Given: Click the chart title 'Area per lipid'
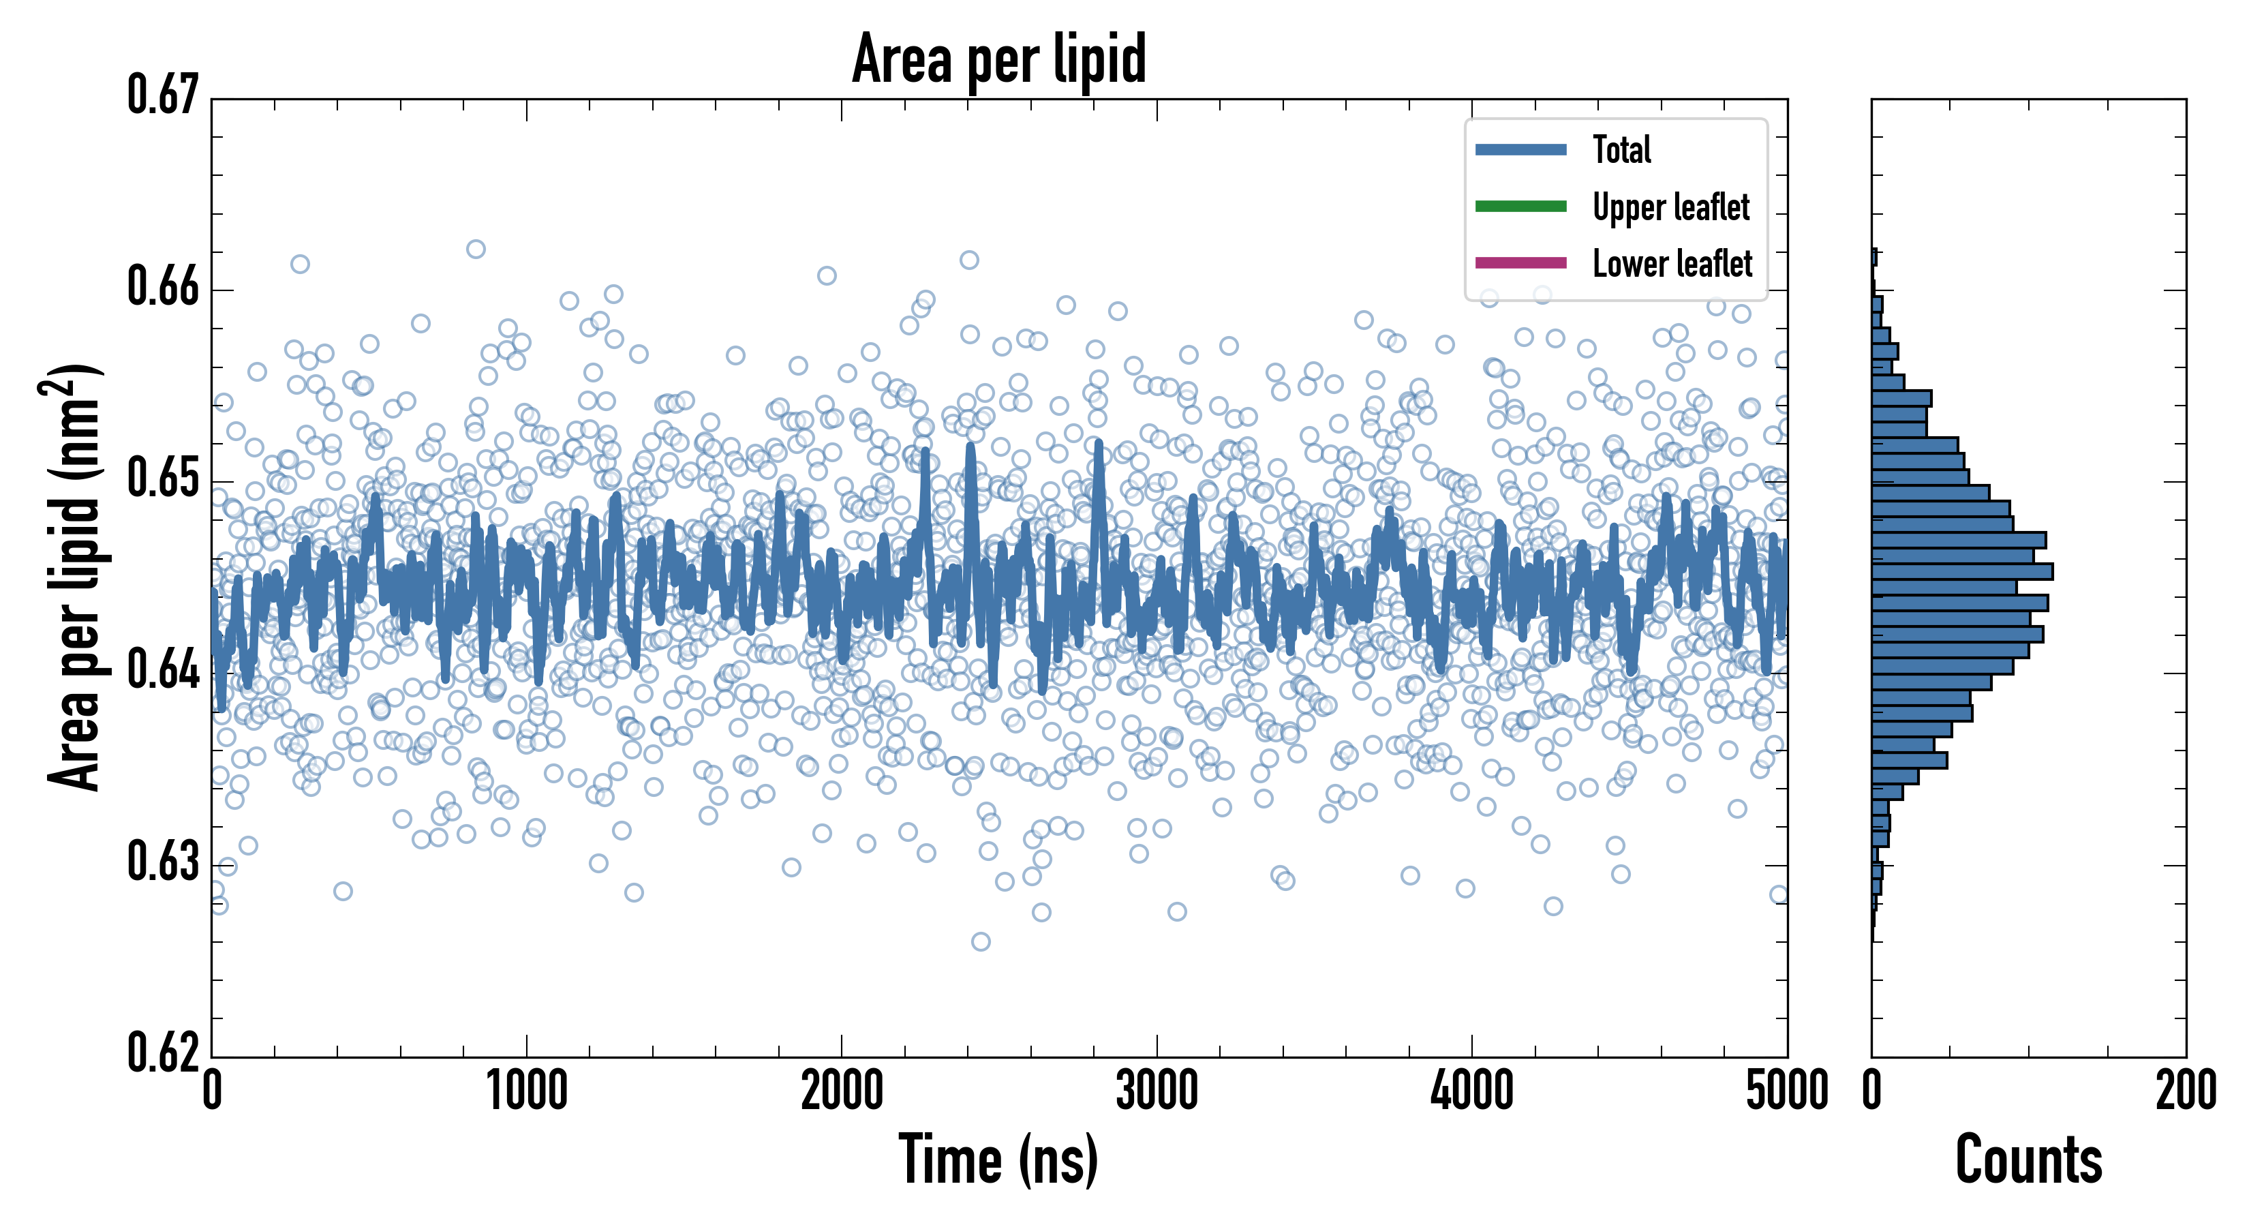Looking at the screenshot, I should (x=999, y=59).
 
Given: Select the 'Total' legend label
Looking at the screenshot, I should (x=1621, y=149).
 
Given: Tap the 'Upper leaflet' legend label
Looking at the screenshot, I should (x=1670, y=207).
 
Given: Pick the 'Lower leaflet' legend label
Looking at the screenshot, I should (x=1672, y=263).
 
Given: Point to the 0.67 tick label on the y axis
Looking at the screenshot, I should (x=164, y=95).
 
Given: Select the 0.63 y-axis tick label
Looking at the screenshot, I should (x=164, y=862).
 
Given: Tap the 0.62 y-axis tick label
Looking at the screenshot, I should (x=164, y=1052).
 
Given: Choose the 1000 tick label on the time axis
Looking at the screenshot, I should (x=526, y=1091).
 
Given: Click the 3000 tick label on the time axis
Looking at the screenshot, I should (x=1157, y=1091).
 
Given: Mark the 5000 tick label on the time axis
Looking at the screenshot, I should (x=1786, y=1091).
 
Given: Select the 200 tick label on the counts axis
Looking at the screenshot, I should (x=2185, y=1091).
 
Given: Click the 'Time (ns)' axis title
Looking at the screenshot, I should (x=999, y=1160).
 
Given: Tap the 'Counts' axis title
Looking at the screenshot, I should (x=2028, y=1160).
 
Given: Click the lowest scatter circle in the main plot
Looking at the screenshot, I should (x=981, y=941).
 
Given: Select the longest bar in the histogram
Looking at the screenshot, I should (x=1962, y=572).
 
